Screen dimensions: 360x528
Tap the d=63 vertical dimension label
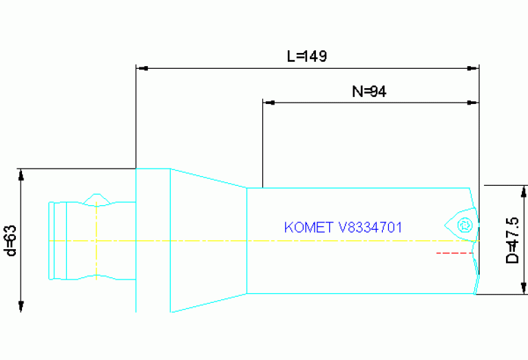(x=10, y=240)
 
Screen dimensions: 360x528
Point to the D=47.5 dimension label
(x=512, y=240)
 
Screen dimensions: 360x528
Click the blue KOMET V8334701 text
(x=343, y=227)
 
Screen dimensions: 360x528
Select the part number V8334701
(x=370, y=227)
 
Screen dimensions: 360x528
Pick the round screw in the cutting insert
(x=465, y=224)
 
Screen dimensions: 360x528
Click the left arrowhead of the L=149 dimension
(x=141, y=68)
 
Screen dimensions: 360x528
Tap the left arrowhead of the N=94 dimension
(x=268, y=103)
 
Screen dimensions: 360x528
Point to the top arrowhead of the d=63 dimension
(x=21, y=173)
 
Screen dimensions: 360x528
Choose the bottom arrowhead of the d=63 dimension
(x=21, y=306)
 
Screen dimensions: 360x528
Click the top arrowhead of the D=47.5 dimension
(x=523, y=191)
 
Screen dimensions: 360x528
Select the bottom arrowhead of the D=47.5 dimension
(x=523, y=288)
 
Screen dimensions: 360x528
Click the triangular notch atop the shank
(x=97, y=199)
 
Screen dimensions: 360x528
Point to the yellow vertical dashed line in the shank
(x=97, y=241)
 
